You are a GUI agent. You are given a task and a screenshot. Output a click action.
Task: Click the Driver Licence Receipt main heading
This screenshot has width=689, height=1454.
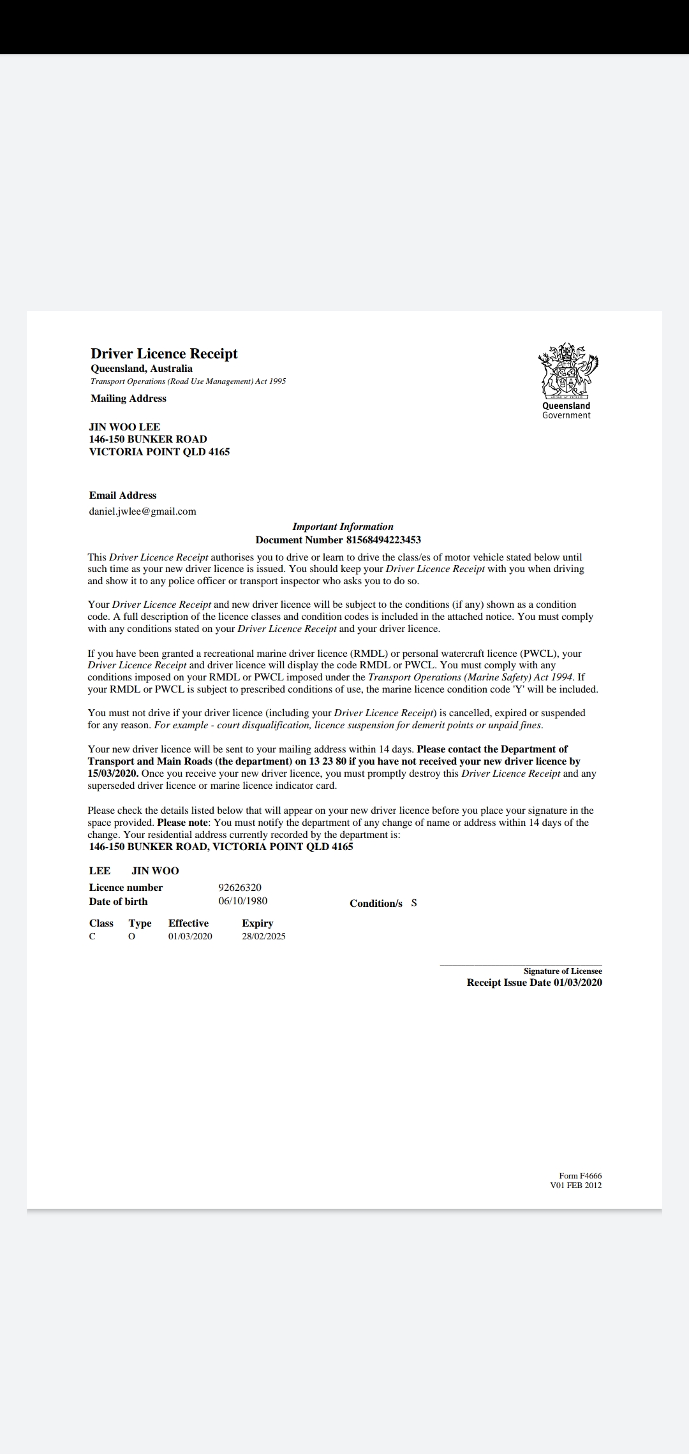click(164, 354)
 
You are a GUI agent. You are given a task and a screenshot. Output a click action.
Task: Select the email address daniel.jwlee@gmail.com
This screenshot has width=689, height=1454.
click(142, 511)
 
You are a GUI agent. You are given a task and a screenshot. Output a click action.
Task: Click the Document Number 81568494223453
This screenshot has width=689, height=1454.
click(338, 540)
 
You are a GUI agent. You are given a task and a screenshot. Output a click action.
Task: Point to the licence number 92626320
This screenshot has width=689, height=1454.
click(240, 887)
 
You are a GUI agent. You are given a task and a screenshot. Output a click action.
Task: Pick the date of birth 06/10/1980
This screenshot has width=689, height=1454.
click(242, 901)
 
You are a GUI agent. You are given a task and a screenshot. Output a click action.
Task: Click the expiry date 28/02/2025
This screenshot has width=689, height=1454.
click(263, 936)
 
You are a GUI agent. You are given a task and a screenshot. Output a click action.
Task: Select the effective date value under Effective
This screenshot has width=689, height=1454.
click(190, 936)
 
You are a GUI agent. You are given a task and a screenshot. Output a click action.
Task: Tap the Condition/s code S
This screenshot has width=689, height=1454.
click(414, 903)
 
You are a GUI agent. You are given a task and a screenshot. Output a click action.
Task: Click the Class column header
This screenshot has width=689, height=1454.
click(101, 923)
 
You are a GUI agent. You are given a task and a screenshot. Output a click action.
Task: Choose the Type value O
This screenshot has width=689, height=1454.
click(132, 936)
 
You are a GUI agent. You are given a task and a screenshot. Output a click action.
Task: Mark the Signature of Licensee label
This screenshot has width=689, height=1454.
click(563, 971)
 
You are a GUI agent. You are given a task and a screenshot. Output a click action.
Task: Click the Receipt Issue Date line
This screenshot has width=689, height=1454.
click(534, 982)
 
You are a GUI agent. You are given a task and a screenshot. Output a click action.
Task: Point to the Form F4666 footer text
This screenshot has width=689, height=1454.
click(580, 1175)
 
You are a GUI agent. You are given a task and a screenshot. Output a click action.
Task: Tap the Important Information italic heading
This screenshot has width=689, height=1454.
click(343, 527)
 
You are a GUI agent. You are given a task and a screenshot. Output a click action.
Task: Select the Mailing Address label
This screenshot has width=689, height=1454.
click(128, 399)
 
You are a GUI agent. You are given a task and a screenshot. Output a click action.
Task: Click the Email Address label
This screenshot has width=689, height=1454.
click(122, 496)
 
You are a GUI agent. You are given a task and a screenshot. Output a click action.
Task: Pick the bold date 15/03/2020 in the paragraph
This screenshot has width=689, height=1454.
click(112, 774)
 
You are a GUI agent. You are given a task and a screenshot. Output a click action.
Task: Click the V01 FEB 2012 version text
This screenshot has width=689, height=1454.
click(575, 1186)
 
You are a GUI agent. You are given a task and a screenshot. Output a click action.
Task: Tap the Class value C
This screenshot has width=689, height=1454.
click(93, 936)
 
